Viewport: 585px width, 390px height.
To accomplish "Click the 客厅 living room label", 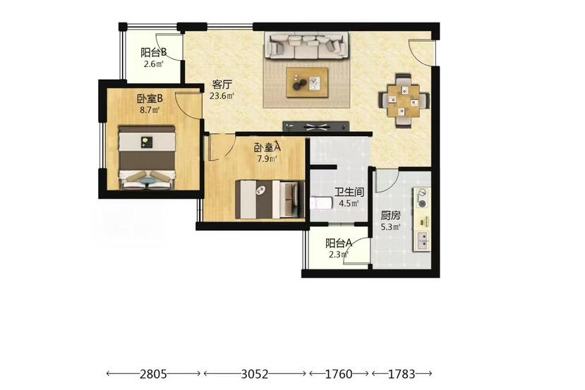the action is (222, 84).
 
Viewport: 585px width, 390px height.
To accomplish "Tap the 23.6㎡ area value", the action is (222, 96).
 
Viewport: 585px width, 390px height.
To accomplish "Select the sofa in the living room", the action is (306, 46).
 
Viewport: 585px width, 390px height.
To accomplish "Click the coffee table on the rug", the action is (308, 83).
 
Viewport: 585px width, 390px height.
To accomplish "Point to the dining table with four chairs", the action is (404, 101).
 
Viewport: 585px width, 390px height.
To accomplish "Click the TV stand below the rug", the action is (316, 127).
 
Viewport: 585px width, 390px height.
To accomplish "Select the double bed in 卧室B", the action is (147, 157).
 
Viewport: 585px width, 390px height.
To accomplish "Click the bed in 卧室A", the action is (270, 199).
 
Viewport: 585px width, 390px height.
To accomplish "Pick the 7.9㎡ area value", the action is (267, 159).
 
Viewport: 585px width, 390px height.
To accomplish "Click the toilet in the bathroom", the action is (321, 203).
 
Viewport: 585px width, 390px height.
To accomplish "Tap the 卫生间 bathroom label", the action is (349, 193).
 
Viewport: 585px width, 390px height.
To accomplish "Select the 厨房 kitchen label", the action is (391, 216).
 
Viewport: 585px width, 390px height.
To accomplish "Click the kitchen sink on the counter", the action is (422, 240).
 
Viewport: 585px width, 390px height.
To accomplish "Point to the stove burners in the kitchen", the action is (421, 198).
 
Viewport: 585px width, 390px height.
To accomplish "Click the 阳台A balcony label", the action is (339, 243).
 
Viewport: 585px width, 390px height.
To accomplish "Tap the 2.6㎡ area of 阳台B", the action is (154, 63).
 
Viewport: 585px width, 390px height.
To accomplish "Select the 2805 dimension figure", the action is (153, 374).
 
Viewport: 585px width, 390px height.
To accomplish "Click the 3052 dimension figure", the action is (255, 374).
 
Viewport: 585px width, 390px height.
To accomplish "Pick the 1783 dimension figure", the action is (402, 374).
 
